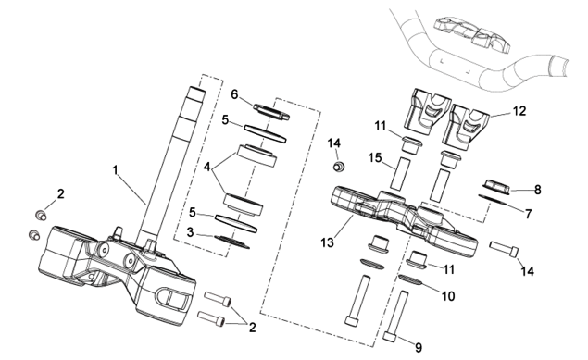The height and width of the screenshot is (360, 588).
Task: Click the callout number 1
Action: [x=116, y=170]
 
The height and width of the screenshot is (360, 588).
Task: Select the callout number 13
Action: [x=327, y=242]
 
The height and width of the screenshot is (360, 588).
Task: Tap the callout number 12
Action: [x=519, y=111]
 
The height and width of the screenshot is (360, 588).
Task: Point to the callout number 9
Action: [x=419, y=348]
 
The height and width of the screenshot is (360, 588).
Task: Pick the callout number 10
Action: [x=448, y=296]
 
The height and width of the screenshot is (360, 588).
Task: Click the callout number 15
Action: [x=375, y=157]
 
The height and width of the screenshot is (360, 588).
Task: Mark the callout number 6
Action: [x=234, y=94]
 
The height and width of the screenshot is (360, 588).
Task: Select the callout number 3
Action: [x=190, y=232]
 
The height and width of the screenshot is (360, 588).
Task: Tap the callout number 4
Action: [x=207, y=167]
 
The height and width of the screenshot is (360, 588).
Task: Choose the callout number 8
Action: [x=538, y=190]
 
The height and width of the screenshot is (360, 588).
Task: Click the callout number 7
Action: [x=529, y=214]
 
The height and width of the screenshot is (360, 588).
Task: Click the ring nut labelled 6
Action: [x=271, y=112]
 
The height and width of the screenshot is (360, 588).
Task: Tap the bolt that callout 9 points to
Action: [x=396, y=315]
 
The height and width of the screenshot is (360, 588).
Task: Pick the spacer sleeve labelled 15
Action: [x=398, y=173]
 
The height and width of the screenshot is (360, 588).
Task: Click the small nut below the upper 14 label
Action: [x=339, y=166]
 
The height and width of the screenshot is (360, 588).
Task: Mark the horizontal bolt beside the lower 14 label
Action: [x=504, y=249]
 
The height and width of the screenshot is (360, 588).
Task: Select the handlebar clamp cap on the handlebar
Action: [x=471, y=33]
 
